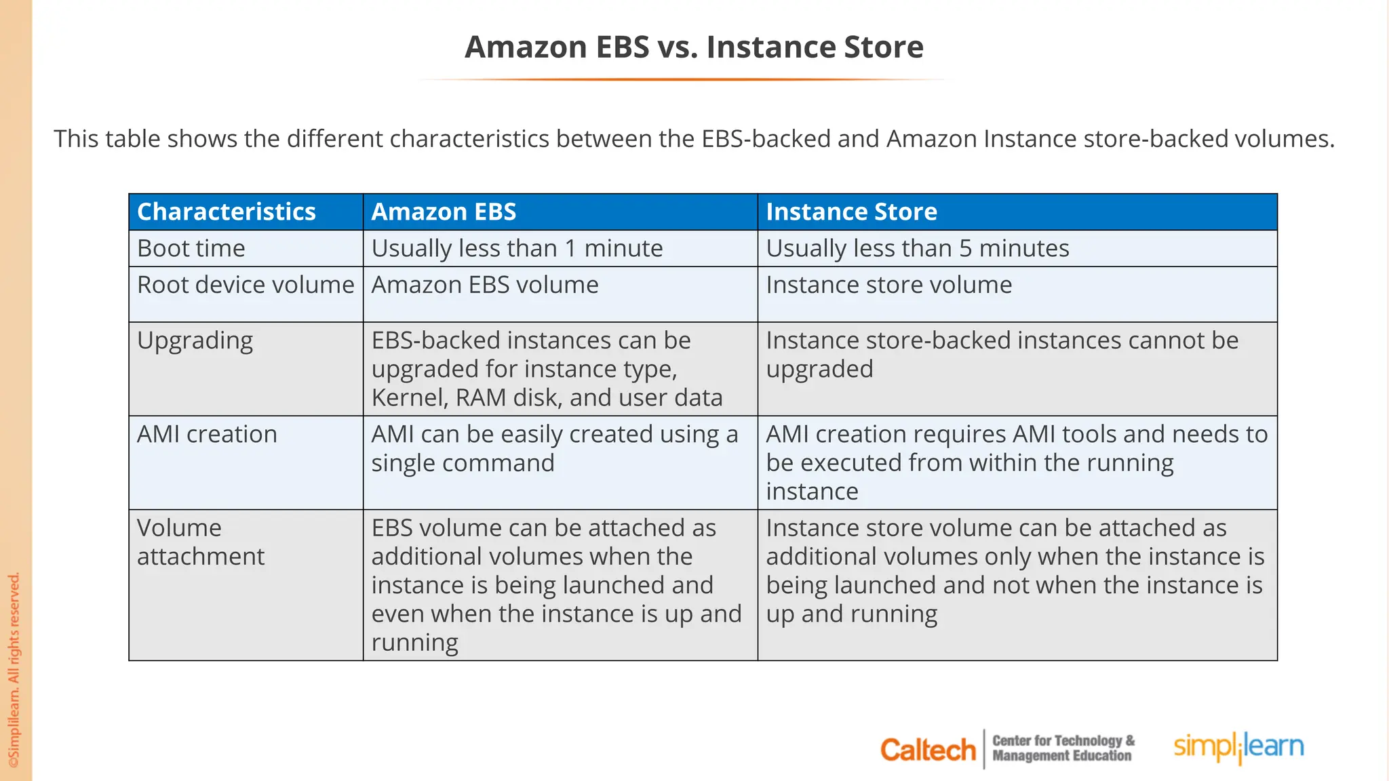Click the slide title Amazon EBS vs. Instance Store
pos(694,47)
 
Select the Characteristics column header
pos(227,212)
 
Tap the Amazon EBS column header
pos(444,212)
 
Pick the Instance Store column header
pos(851,212)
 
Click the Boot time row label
pos(191,248)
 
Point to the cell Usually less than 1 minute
pos(517,248)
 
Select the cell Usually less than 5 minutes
pos(917,248)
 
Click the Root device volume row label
pos(246,285)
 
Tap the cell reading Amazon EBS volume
pos(485,285)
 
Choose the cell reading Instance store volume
pos(888,285)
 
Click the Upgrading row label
pos(195,340)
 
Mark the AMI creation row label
pos(207,434)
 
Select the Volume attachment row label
pos(200,542)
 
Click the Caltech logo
pos(927,750)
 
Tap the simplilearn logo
pos(1238,747)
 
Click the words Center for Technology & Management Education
pos(1063,748)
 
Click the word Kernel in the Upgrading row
pos(409,398)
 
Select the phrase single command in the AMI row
pos(463,463)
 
